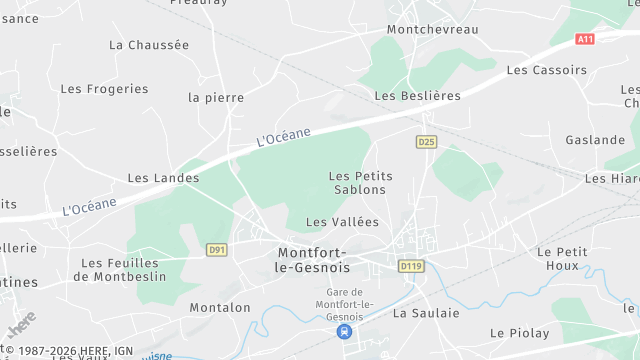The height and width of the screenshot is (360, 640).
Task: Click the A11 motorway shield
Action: click(x=586, y=38)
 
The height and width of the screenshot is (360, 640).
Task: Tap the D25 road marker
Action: click(x=427, y=142)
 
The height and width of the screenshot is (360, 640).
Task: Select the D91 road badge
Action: click(x=216, y=250)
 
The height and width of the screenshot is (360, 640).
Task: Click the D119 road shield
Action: click(x=411, y=267)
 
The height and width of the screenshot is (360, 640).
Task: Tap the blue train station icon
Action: click(x=344, y=331)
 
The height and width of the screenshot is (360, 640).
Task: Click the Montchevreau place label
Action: click(x=432, y=30)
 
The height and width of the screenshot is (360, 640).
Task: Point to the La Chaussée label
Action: click(x=149, y=45)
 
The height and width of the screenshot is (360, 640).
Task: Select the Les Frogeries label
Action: click(x=104, y=89)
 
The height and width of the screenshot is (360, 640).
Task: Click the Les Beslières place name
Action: click(x=417, y=96)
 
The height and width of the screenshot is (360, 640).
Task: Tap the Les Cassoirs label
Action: click(x=547, y=70)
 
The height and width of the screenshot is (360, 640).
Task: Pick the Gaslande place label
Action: click(x=595, y=140)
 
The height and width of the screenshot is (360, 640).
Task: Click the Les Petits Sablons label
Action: click(x=361, y=183)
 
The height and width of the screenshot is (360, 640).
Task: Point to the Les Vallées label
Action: click(x=343, y=222)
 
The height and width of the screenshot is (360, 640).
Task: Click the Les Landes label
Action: click(x=163, y=178)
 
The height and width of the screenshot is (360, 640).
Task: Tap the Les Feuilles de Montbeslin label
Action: click(x=123, y=270)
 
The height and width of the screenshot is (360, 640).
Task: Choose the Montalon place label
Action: click(x=220, y=308)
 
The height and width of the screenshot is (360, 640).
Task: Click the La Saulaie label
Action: click(x=426, y=313)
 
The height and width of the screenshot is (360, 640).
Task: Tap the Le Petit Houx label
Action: click(x=562, y=259)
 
